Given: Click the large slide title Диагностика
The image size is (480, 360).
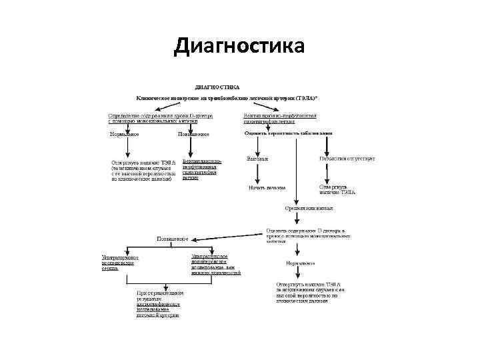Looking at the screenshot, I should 239,47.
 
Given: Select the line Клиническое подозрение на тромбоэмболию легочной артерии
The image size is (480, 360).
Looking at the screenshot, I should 227,98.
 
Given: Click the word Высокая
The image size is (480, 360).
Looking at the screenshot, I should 257,159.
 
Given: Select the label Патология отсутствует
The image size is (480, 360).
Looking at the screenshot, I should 338,159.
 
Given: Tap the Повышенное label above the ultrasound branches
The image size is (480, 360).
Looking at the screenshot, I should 172,238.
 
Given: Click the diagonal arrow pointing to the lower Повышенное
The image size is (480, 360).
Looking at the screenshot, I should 227,236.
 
